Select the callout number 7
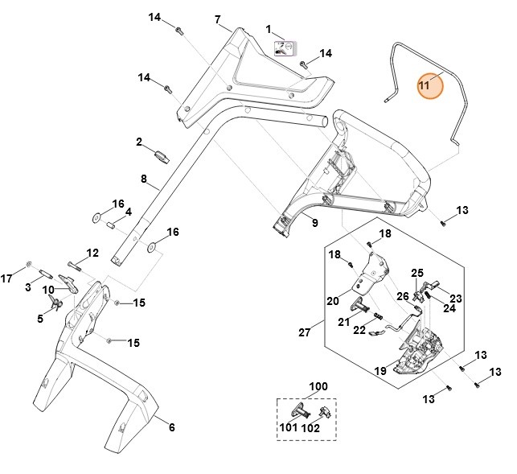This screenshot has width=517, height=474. pyautogui.click(x=218, y=19)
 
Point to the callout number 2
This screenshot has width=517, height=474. pyautogui.click(x=139, y=142)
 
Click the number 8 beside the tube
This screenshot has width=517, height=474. pyautogui.click(x=143, y=179)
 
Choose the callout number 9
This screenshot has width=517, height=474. pyautogui.click(x=315, y=222)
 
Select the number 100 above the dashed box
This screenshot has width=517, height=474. pyautogui.click(x=319, y=387)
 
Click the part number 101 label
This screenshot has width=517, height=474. pyautogui.click(x=287, y=427)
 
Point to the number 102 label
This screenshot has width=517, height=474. pyautogui.click(x=310, y=428)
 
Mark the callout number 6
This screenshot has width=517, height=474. pyautogui.click(x=171, y=427)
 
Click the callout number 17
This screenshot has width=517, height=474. pyautogui.click(x=7, y=279)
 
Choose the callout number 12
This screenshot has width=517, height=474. pyautogui.click(x=92, y=253)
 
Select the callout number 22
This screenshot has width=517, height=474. pyautogui.click(x=359, y=330)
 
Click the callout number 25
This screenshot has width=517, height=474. pyautogui.click(x=417, y=273)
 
